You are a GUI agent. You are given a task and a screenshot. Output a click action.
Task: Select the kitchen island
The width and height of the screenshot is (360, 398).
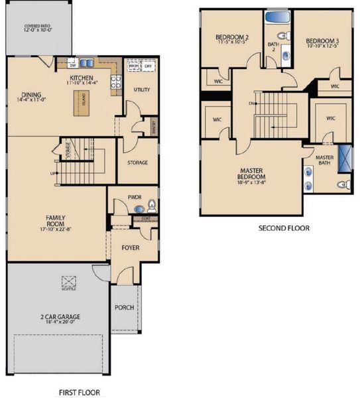click(84, 101)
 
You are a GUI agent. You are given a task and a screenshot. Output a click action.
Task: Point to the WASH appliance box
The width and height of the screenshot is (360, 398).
click(133, 67)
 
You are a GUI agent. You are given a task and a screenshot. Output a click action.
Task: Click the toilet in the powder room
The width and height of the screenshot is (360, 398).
click(152, 205)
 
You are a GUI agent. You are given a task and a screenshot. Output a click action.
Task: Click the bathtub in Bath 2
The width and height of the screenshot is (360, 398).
click(274, 17)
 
